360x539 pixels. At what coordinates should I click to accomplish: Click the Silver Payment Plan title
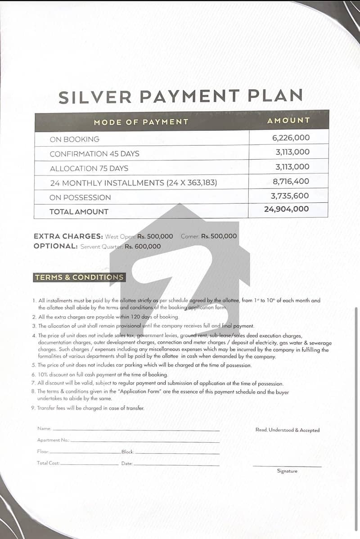coord(180,96)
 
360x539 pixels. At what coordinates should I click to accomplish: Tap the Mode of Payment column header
coord(141,122)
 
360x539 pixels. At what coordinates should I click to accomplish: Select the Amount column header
coord(288,121)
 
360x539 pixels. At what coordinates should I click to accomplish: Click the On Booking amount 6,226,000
coord(291,138)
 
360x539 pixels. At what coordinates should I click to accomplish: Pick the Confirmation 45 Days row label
coord(94,154)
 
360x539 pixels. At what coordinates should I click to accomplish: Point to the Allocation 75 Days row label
coord(89,169)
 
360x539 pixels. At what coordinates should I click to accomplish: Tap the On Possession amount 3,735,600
coord(290,196)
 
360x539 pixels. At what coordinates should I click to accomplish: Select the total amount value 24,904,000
coord(287,209)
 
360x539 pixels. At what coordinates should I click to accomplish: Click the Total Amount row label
coord(79,211)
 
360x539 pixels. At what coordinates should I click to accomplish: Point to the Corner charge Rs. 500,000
coord(219,236)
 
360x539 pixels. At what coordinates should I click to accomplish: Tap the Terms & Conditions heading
coord(79,278)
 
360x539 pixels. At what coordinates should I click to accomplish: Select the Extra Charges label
coord(68,236)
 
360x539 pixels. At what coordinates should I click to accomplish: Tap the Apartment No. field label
coord(53,440)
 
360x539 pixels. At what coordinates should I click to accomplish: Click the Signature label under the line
coord(287,471)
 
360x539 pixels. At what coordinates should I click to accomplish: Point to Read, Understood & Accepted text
coord(287,430)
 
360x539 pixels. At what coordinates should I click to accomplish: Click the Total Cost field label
coord(48,463)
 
